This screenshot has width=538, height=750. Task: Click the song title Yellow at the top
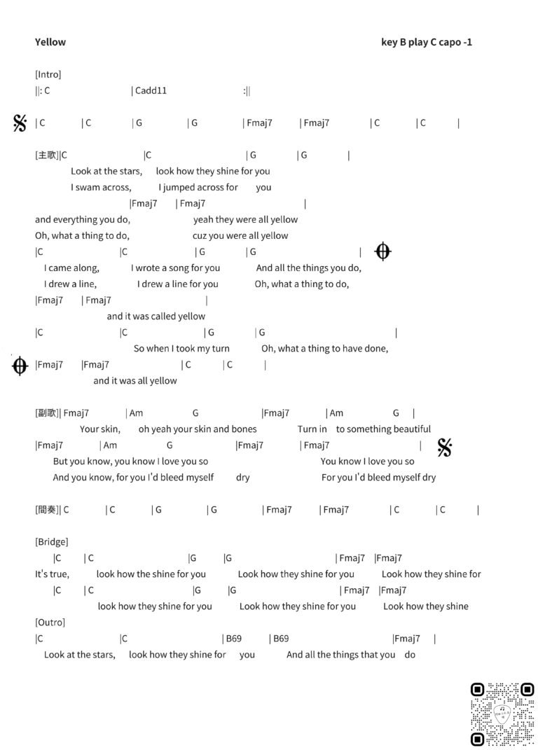tap(50, 42)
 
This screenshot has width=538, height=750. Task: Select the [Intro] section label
tap(48, 74)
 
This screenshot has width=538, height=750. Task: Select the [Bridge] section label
tap(51, 541)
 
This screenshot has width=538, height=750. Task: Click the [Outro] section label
tap(49, 622)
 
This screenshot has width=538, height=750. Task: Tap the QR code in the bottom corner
tap(502, 715)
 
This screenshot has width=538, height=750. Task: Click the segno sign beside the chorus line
tap(444, 447)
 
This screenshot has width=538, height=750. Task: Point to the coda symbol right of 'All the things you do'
tap(382, 251)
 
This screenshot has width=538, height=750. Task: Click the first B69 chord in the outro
tap(233, 639)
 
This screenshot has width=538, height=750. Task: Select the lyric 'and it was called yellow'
tap(156, 317)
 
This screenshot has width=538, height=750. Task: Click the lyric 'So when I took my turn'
tap(181, 349)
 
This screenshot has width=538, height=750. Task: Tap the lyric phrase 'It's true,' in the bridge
tap(52, 574)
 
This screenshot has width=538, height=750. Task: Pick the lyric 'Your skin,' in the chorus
tap(100, 429)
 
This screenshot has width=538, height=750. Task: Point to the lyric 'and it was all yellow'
tap(135, 381)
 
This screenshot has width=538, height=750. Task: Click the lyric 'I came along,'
tap(71, 268)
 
